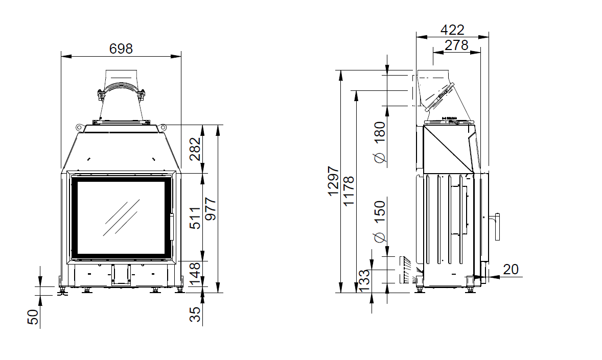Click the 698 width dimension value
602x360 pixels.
[121, 49]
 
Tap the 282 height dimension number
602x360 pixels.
[195, 149]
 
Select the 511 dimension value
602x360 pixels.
[195, 218]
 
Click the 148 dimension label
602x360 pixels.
[195, 274]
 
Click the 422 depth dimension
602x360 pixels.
[452, 30]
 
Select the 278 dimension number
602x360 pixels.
[456, 45]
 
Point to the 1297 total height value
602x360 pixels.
[333, 181]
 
